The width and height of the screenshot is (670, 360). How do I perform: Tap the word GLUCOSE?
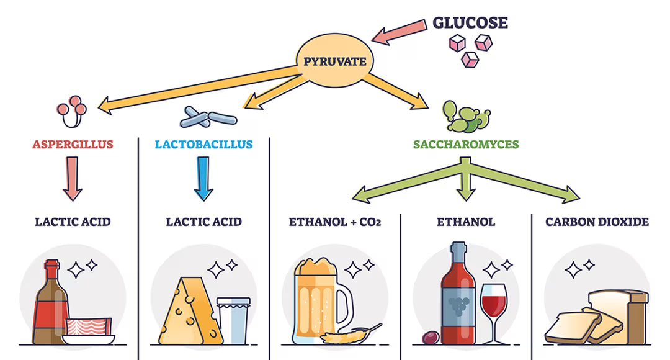[470, 23]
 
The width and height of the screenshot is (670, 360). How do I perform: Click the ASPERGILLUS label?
[73, 145]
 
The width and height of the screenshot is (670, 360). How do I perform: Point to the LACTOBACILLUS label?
[203, 145]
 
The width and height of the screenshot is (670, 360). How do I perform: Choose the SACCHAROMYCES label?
[466, 145]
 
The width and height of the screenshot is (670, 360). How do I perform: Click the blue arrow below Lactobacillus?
[203, 178]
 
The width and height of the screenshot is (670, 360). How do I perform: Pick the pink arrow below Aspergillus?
[73, 178]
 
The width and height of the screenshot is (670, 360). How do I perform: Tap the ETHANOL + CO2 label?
[335, 222]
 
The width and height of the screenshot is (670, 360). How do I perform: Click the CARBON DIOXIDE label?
[597, 222]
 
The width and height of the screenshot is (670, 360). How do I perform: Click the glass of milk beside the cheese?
[233, 320]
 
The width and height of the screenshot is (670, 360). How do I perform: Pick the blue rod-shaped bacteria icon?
[209, 115]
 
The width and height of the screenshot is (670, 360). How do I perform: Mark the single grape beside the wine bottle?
[430, 338]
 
